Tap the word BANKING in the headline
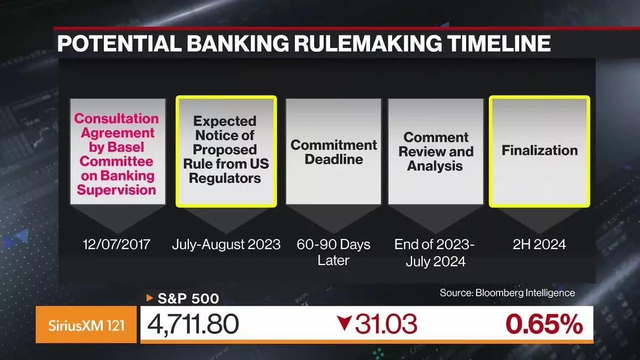coord(238,43)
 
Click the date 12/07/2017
coord(117,245)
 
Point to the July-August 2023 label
coord(226,245)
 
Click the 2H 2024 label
coord(539,245)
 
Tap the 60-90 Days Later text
coord(333,252)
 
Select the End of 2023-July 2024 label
coord(435,253)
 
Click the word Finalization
coord(539,150)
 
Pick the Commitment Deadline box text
coord(333,152)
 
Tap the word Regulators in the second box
coord(225,178)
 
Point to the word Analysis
coord(435,166)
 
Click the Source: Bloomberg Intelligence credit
coord(507,293)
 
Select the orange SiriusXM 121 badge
coord(86,325)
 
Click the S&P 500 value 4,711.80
coord(193,324)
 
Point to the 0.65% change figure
coord(544,324)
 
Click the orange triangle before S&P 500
coord(149,298)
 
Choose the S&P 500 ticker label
coord(188,299)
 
